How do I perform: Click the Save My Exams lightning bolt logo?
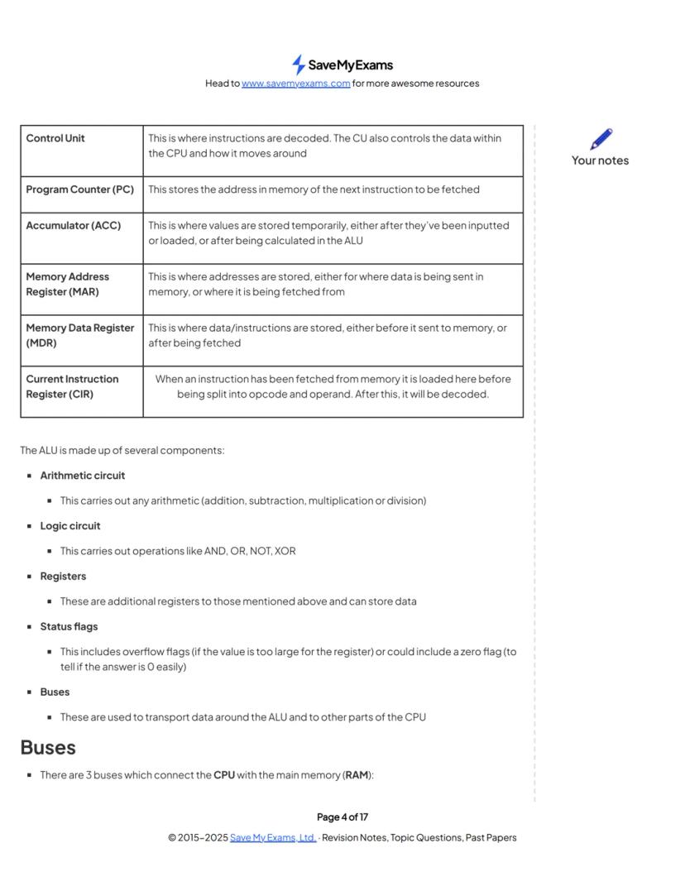point(299,65)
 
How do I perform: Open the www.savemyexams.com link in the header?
point(295,84)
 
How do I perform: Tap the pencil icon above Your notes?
point(601,139)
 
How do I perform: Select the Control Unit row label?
point(55,138)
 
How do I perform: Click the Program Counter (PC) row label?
point(79,189)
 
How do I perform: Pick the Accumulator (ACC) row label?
point(73,226)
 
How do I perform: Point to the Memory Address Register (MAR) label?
point(67,284)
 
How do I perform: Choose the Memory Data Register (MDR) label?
point(79,335)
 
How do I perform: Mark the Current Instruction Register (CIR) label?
point(72,386)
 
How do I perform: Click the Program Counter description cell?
point(314,189)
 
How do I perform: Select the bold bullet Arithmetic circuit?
point(83,476)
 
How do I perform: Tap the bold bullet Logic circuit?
point(70,526)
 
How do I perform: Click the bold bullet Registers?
point(63,577)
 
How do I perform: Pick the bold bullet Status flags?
point(69,627)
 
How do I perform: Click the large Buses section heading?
point(48,748)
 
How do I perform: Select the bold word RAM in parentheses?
point(357,776)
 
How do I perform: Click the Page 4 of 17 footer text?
point(342,817)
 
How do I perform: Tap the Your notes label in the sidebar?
point(600,160)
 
